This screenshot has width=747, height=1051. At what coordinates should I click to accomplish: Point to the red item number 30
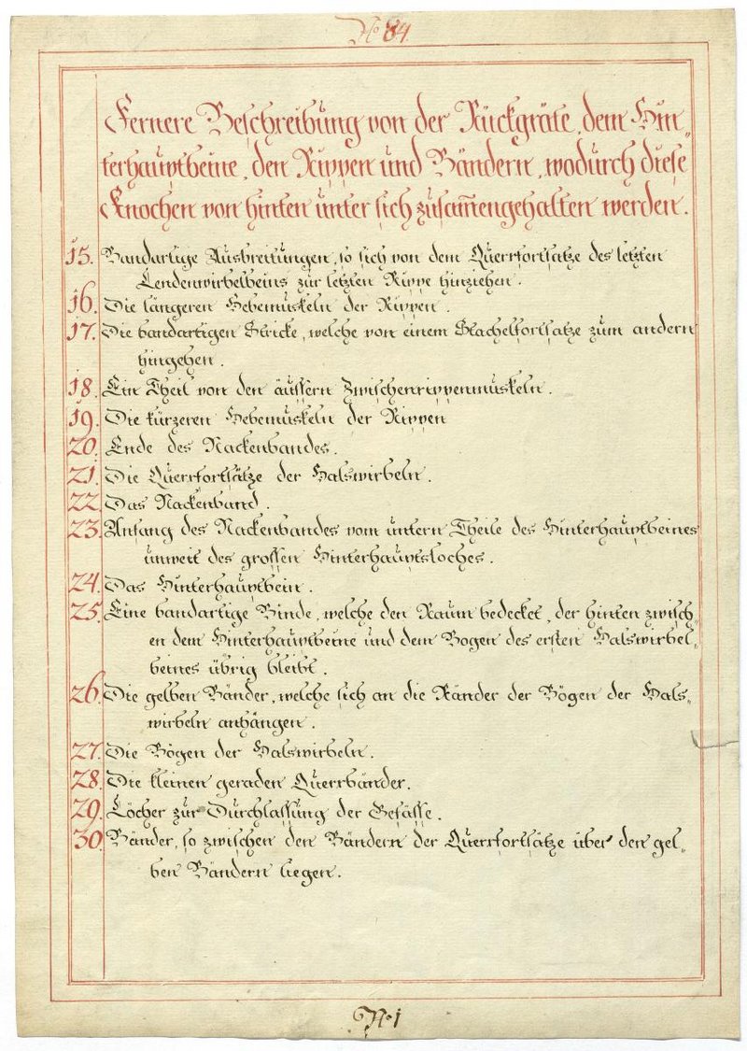[x=88, y=840]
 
